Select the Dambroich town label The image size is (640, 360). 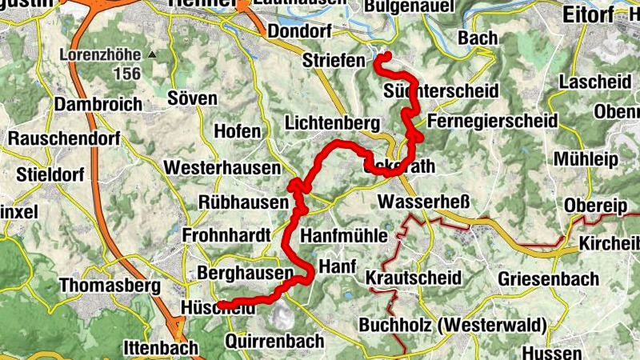point(98,105)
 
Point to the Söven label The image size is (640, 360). point(193,98)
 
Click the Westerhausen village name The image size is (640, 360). point(222,168)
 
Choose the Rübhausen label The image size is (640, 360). point(234,203)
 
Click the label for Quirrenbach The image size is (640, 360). point(274,342)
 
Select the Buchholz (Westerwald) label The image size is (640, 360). point(452,326)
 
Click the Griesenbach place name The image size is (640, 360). point(548,278)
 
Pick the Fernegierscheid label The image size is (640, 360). point(492,121)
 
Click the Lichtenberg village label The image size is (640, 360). point(331,124)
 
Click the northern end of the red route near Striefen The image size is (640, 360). point(387,55)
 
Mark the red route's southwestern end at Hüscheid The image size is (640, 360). point(220,304)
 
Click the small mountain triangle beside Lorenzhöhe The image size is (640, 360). point(152,55)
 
